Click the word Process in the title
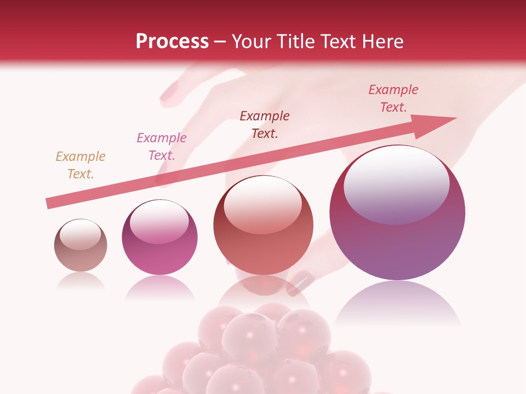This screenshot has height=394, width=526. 172,42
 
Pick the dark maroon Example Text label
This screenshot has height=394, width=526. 265,125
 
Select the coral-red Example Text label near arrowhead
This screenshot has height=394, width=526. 393,99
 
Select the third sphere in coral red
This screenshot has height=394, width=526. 263,230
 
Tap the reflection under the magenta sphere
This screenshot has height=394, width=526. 159,287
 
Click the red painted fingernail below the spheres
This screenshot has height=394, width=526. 301,282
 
